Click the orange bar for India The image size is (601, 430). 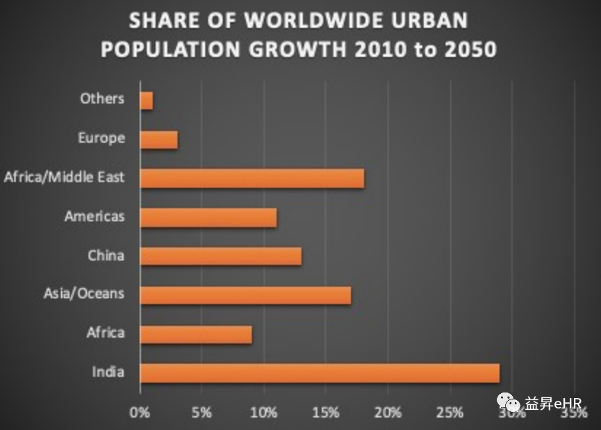320,373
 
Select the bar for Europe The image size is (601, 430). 158,140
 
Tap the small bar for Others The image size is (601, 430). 146,101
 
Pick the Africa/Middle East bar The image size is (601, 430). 252,179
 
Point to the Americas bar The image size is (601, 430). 208,217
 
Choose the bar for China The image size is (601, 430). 220,256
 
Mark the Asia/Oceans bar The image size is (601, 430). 245,295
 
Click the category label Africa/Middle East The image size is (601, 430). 64,177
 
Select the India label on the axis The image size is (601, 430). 108,372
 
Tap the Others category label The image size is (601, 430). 102,99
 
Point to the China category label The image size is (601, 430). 106,256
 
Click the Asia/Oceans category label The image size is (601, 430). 84,294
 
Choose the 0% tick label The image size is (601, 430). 140,413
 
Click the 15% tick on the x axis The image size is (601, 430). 326,413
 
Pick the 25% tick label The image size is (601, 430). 450,413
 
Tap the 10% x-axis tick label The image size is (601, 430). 263,413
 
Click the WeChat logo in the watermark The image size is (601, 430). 507,402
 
